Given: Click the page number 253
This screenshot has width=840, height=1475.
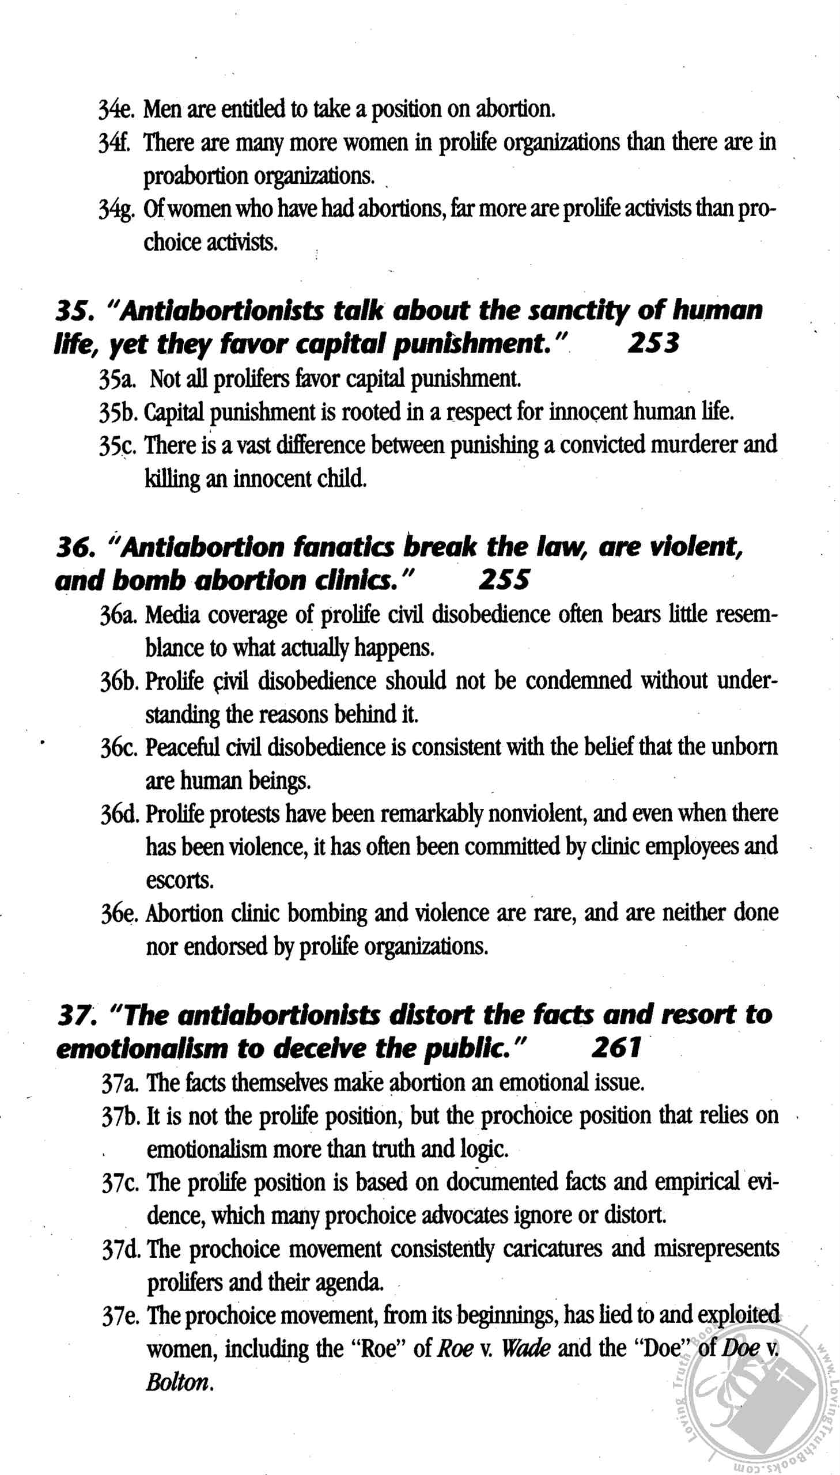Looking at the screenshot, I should pyautogui.click(x=653, y=344).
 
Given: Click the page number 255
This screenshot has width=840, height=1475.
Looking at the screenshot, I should pyautogui.click(x=503, y=580).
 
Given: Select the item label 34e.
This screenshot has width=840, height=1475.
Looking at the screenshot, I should pyautogui.click(x=116, y=109).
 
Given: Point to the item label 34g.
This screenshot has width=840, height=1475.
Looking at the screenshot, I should pyautogui.click(x=116, y=209).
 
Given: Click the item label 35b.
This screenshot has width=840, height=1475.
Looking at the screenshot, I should pyautogui.click(x=118, y=413).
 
